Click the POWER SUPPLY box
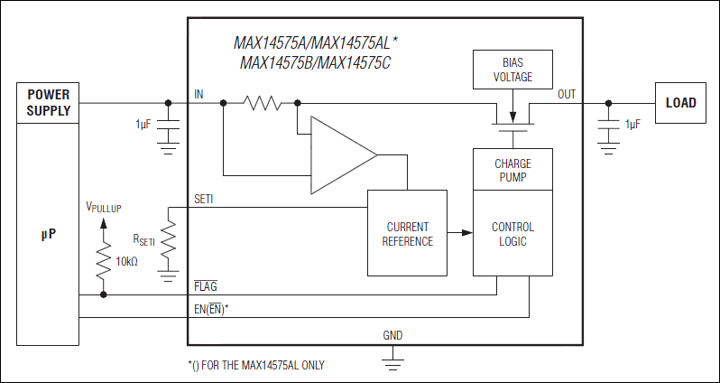[x=48, y=102]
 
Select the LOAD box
[x=680, y=102]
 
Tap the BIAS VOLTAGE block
[x=512, y=70]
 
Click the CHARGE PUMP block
[x=512, y=170]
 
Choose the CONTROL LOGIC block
[x=512, y=234]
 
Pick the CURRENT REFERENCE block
[x=407, y=234]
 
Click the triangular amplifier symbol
[x=341, y=155]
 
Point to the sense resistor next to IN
[x=263, y=103]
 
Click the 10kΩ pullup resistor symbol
[x=104, y=261]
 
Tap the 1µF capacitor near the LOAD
[x=610, y=131]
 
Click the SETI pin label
[x=204, y=199]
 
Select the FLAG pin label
[x=205, y=285]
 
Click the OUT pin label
[x=567, y=94]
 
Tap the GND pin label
[x=392, y=335]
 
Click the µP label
[x=48, y=233]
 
